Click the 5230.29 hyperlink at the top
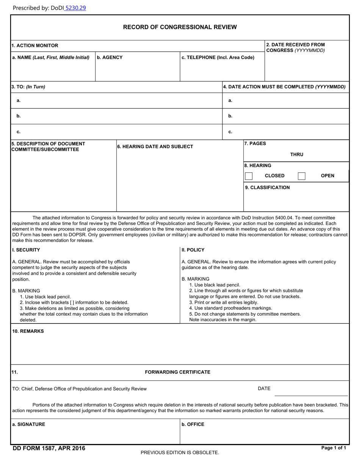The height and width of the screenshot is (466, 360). pos(75,8)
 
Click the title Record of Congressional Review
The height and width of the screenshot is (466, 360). pos(180,27)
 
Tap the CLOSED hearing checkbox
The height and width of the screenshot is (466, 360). pos(249,176)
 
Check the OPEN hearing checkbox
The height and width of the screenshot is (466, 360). pos(302,176)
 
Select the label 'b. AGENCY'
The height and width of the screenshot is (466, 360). pos(110,58)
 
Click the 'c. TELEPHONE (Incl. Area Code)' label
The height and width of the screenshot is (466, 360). pos(218,58)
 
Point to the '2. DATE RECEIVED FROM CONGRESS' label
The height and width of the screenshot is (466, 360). pos(295,47)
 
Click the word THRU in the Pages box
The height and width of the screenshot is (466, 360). pos(296,155)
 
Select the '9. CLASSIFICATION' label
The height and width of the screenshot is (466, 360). pos(267,188)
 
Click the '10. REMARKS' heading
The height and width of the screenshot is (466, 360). pos(28,331)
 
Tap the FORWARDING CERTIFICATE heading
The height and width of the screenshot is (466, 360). pos(177,372)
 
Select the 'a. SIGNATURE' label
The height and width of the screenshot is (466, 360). pos(28,424)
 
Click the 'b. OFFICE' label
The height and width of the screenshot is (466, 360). pos(193,424)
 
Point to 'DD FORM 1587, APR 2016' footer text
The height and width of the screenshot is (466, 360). pos(49,449)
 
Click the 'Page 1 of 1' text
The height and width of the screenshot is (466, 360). pos(333,448)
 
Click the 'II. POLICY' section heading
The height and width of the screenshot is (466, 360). pos(193,250)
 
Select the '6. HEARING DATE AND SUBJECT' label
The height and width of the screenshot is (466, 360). pos(155,147)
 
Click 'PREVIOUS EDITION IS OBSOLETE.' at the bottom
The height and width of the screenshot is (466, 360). pos(180,452)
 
